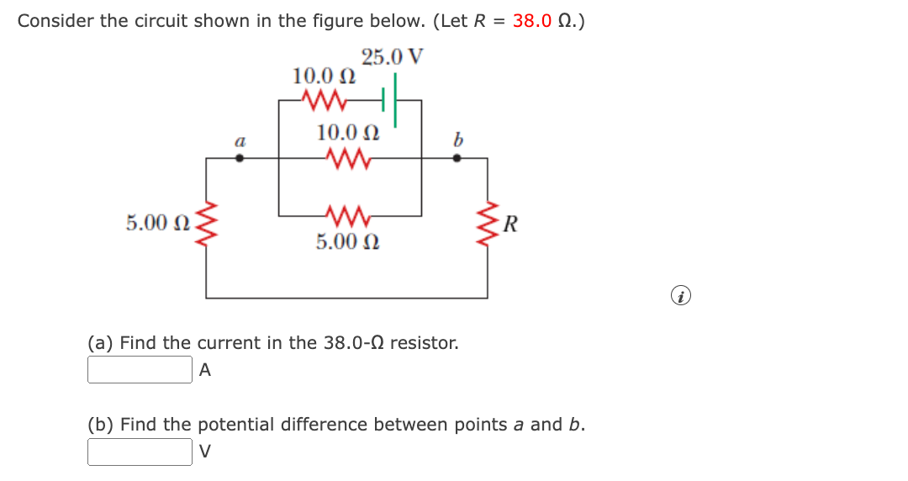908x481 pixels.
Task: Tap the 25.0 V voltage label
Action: point(393,58)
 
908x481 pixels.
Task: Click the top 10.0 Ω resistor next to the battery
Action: point(324,101)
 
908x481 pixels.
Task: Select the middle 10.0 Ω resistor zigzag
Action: point(346,157)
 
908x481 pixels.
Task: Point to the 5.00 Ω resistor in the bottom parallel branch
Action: point(346,215)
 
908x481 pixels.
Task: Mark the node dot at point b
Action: point(457,157)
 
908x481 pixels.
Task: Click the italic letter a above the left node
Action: point(240,142)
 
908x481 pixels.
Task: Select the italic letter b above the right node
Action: point(457,140)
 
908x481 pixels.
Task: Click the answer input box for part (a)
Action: point(140,370)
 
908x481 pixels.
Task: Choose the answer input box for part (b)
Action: point(140,452)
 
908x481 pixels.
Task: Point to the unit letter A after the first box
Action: point(205,370)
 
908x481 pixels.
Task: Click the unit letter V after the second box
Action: point(205,452)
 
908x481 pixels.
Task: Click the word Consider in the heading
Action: point(55,21)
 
